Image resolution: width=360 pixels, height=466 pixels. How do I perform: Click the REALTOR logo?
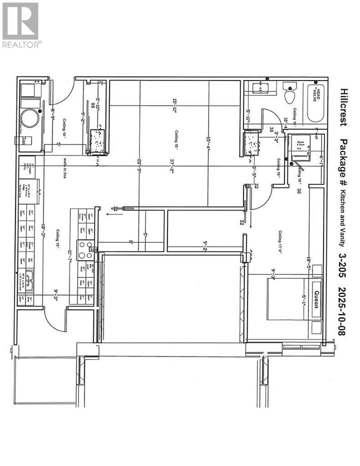tap(21, 25)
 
